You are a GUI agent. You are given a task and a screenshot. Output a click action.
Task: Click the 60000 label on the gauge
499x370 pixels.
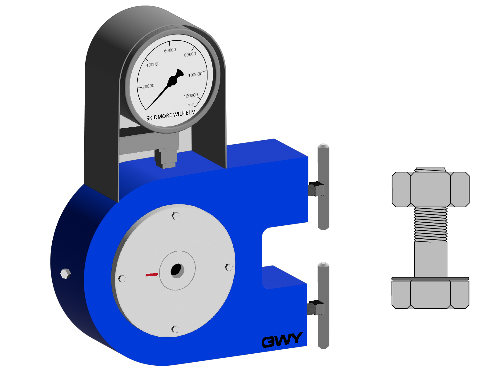[170, 50]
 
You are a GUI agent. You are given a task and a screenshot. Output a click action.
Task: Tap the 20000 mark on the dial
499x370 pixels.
[148, 86]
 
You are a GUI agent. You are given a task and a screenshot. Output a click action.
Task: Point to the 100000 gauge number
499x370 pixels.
[195, 75]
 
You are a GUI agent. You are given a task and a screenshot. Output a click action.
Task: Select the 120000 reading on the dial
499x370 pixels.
[191, 96]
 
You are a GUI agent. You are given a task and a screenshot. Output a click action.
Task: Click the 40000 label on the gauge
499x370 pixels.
[152, 64]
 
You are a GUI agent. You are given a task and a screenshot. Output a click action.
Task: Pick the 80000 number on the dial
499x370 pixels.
[190, 54]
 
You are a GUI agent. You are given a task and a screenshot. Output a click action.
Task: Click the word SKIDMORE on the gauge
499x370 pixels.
[159, 117]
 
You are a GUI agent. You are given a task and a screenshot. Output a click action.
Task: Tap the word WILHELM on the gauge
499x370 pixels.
[184, 113]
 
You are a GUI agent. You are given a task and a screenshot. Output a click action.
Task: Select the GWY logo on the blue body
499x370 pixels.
[282, 340]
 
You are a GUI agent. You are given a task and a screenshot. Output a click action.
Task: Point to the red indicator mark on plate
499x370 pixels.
[152, 274]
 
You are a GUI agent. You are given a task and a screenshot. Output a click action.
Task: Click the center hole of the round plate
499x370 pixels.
[177, 270]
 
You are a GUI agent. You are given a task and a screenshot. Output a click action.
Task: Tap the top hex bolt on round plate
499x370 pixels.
[175, 216]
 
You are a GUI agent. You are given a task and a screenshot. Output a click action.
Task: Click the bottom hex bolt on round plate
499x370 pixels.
[175, 329]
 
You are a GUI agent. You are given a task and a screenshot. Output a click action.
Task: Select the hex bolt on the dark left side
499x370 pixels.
[66, 273]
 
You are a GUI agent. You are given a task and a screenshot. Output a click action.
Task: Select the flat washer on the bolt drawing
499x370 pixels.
[430, 279]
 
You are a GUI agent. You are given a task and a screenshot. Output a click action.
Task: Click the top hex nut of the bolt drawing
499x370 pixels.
[430, 189]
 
